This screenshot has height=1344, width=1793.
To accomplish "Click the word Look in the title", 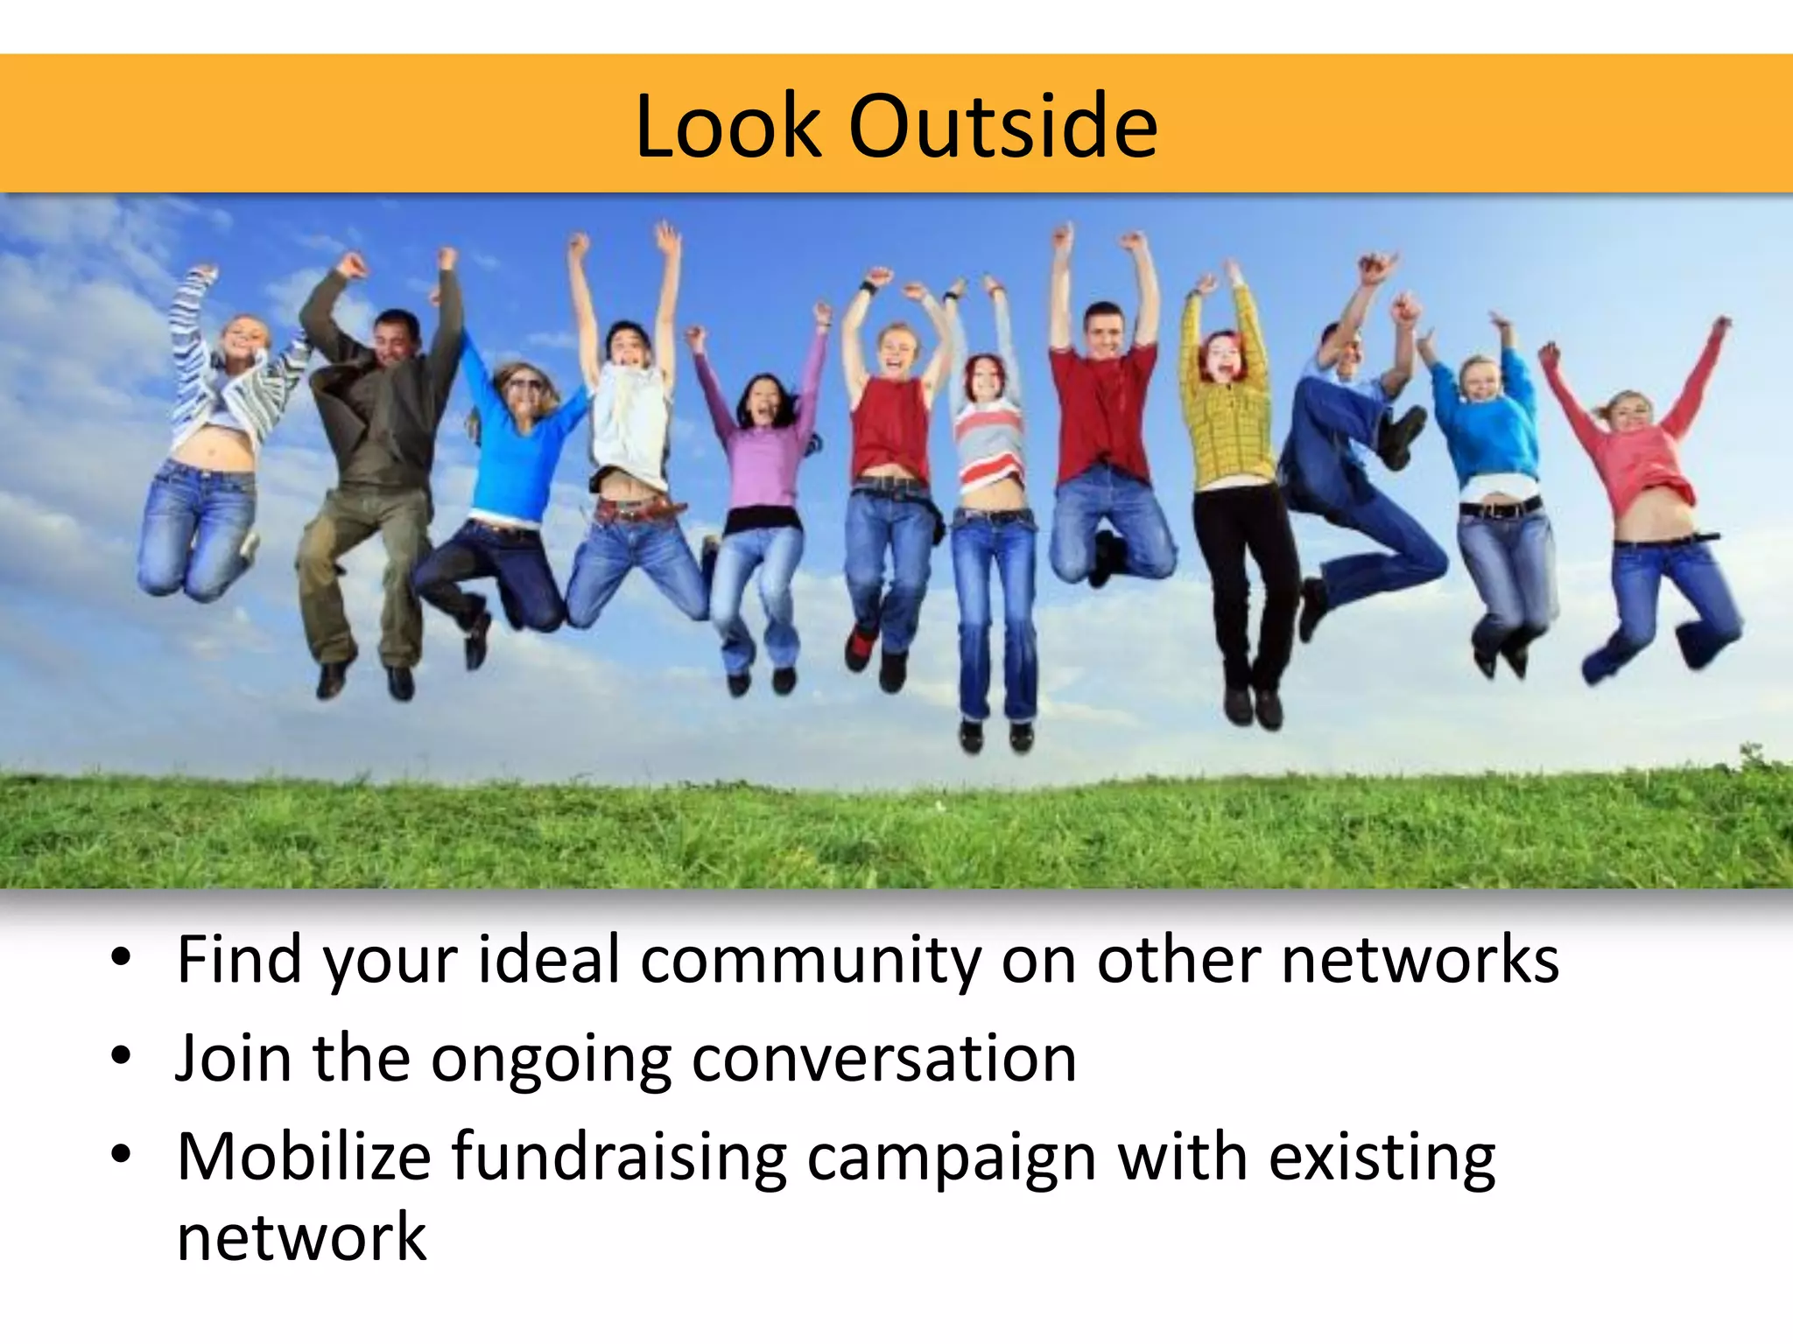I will tap(728, 127).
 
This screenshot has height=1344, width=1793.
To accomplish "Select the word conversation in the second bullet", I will tap(884, 1059).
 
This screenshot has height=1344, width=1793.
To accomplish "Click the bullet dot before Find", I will tap(121, 958).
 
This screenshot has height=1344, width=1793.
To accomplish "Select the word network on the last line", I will tap(301, 1237).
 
